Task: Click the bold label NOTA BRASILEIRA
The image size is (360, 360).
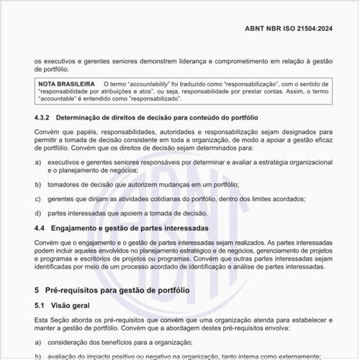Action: click(x=68, y=84)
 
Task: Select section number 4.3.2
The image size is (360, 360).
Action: click(x=42, y=117)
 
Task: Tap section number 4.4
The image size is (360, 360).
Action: click(x=40, y=228)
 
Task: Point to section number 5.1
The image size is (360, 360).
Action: click(x=40, y=305)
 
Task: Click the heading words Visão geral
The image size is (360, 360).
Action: click(x=74, y=305)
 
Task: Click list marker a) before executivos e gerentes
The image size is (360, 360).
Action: click(x=37, y=163)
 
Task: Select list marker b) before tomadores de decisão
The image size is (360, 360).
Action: click(x=37, y=185)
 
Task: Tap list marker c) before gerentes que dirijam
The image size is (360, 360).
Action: click(x=37, y=199)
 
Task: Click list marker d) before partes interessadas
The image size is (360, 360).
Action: click(x=37, y=213)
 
